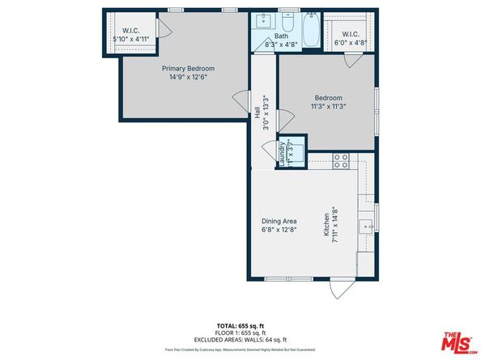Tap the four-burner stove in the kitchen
click(341, 160)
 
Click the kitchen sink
click(366, 226)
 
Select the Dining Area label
click(278, 220)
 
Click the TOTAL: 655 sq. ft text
click(240, 324)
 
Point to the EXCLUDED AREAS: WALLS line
click(240, 340)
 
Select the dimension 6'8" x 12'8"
click(278, 229)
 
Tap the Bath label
click(281, 36)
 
